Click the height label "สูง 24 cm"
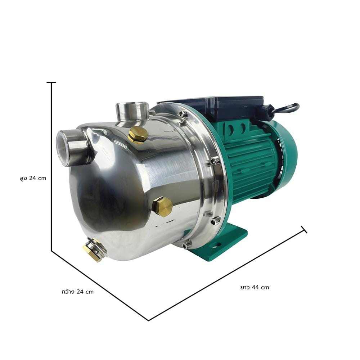click(33, 179)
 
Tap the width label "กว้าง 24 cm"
click(78, 292)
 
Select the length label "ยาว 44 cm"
click(255, 287)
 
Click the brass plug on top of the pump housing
click(138, 135)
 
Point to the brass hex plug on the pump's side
click(162, 207)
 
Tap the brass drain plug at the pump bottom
click(94, 250)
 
